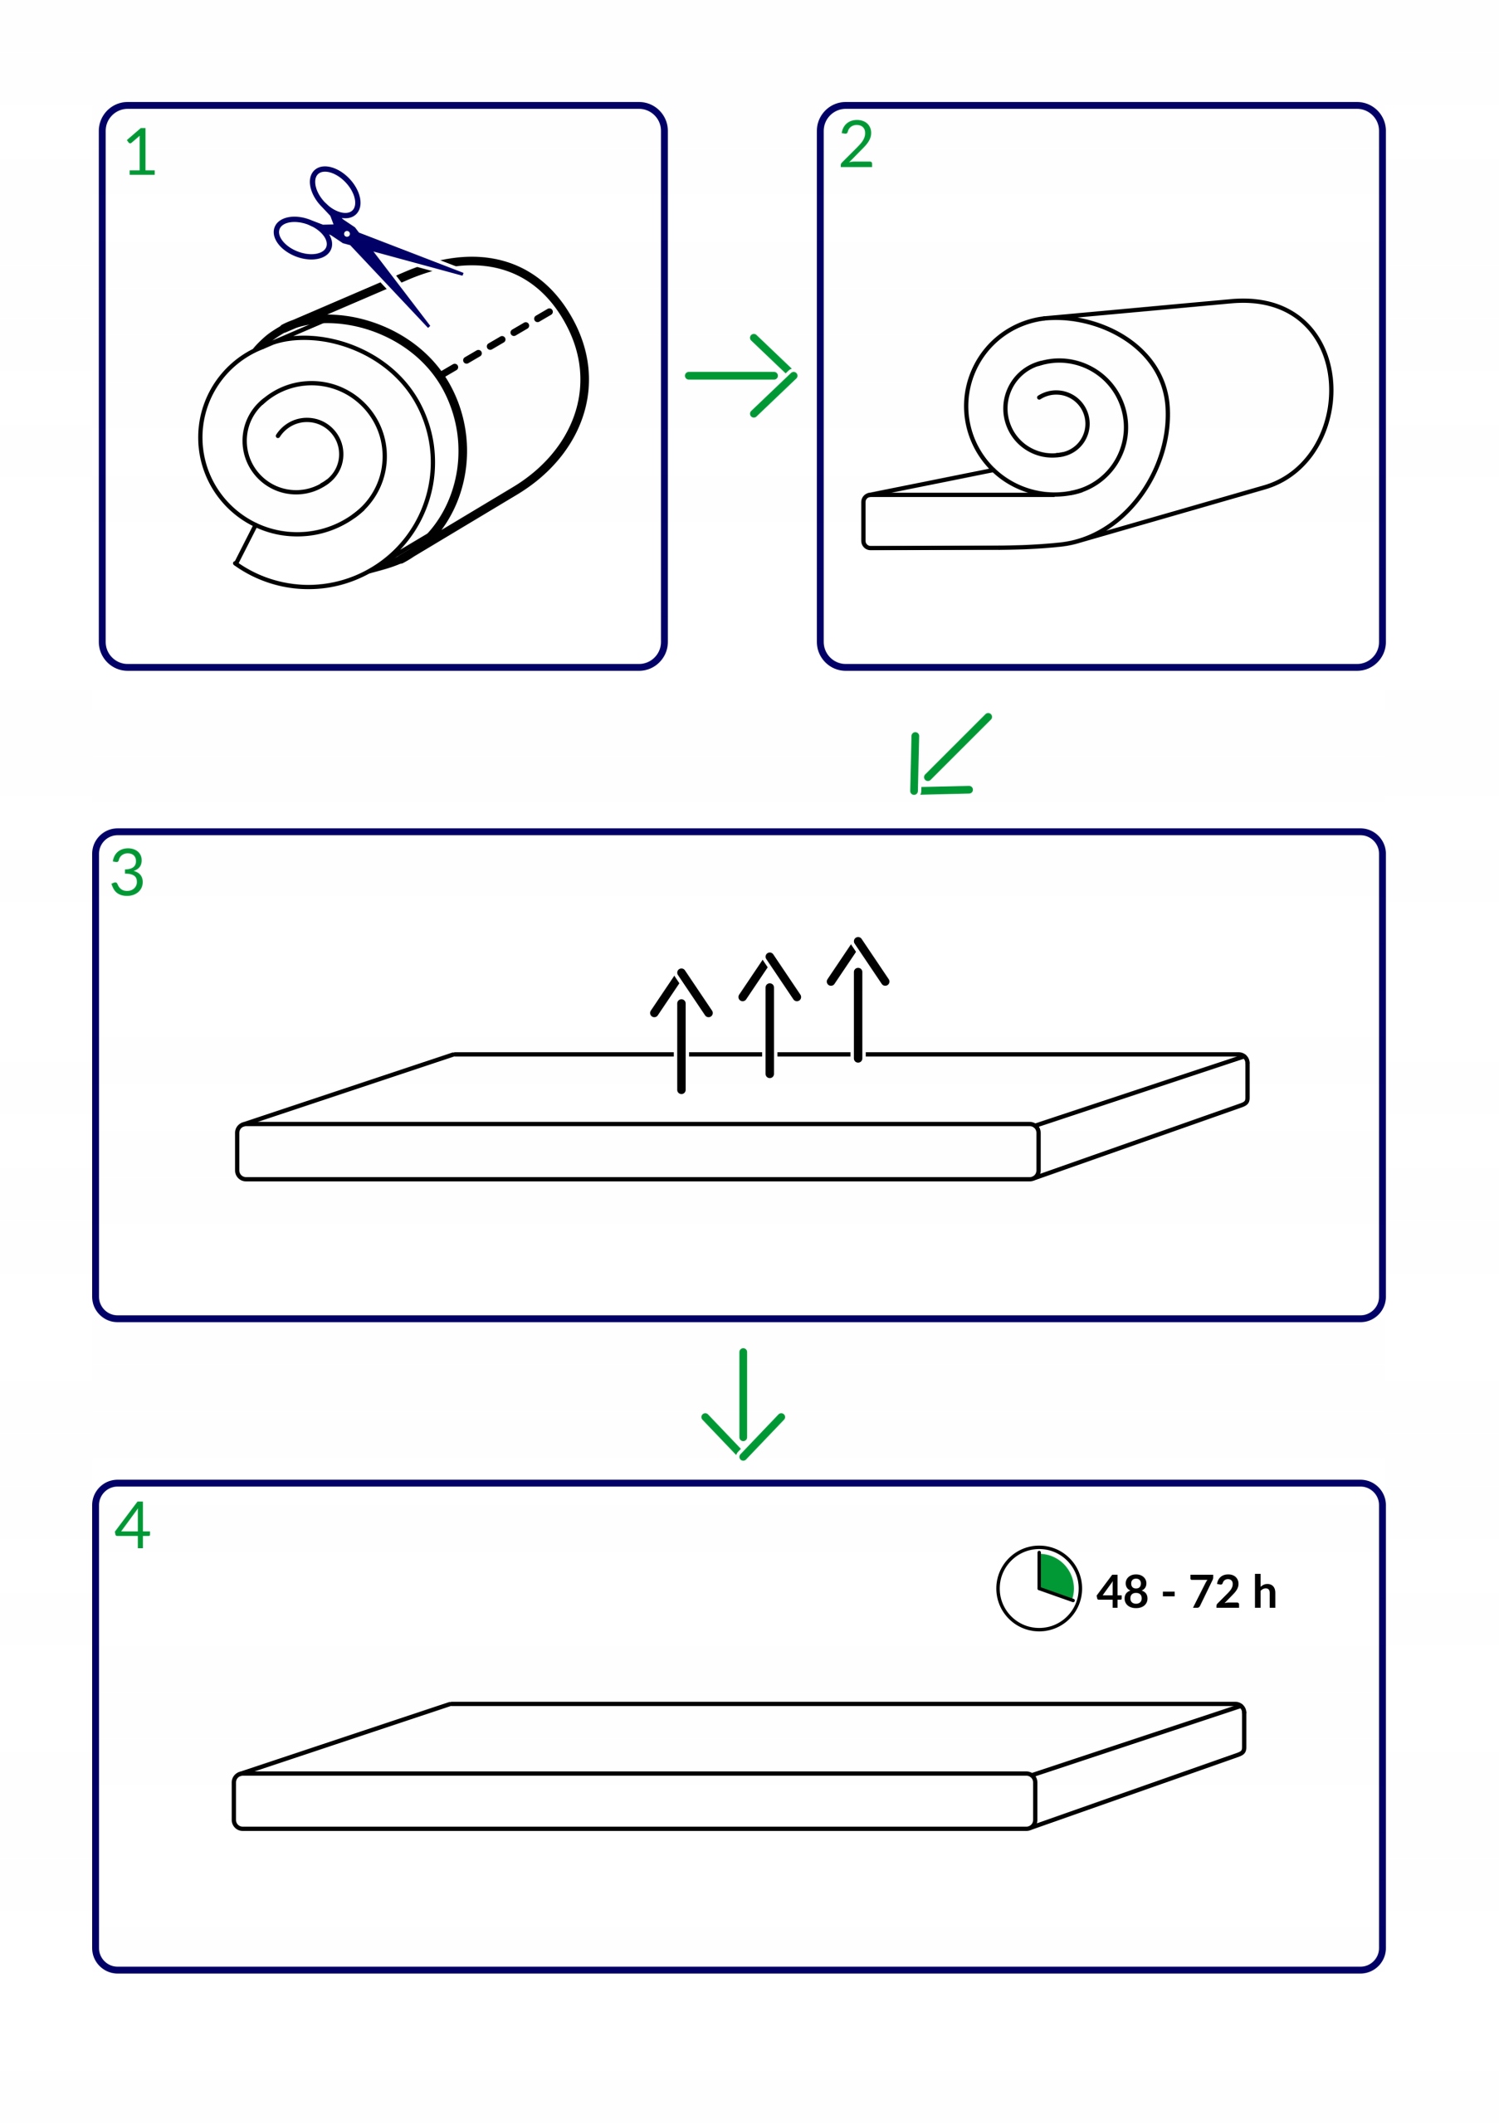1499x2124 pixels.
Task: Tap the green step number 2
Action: click(x=855, y=144)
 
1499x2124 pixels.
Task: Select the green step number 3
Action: click(x=128, y=871)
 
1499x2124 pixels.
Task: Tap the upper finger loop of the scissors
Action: click(x=335, y=192)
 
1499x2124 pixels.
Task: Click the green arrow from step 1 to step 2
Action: click(x=741, y=376)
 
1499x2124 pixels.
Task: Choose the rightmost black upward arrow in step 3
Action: click(x=857, y=998)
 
